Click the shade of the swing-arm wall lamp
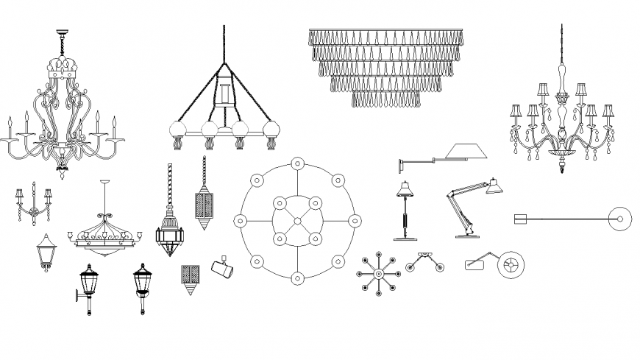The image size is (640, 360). (x=463, y=152)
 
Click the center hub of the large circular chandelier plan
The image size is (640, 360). (x=297, y=220)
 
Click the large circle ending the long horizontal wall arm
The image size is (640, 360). (x=622, y=218)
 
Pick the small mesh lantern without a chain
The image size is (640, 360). (x=190, y=278)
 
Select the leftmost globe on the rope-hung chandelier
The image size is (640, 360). (x=177, y=131)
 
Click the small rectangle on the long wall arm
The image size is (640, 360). (x=520, y=218)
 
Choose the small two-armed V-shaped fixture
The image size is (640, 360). (x=424, y=262)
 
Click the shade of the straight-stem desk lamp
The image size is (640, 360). (x=403, y=190)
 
